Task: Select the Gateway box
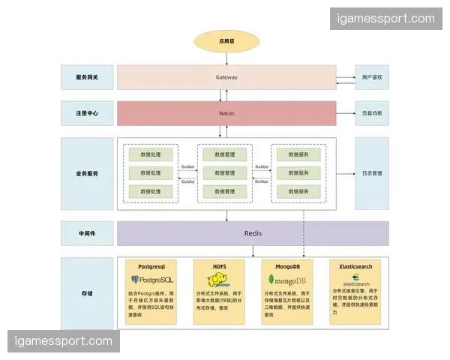point(226,77)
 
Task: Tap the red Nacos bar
point(226,113)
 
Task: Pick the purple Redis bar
point(253,233)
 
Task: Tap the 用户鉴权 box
point(372,77)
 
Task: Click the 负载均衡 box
point(372,113)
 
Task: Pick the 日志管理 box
point(372,173)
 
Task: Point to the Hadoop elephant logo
point(217,280)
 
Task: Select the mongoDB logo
point(288,280)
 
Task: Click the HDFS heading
point(220,265)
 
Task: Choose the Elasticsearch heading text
point(355,265)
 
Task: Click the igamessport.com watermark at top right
point(386,18)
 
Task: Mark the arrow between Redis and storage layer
point(226,251)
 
